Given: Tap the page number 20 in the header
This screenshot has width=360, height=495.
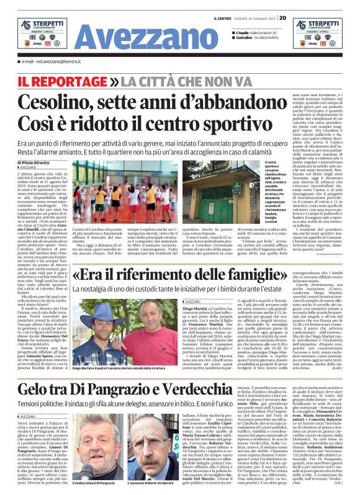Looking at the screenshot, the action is tap(282, 17).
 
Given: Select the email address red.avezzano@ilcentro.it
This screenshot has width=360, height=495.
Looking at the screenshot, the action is tap(52, 62).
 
